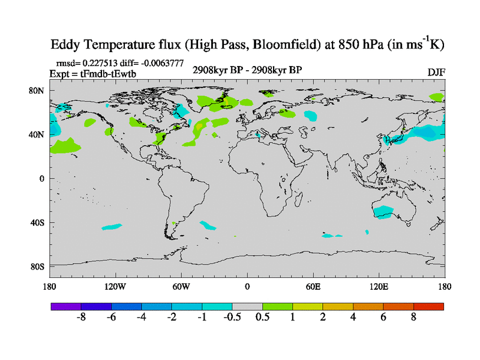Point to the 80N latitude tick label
pyautogui.click(x=37, y=91)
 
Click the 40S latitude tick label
pyautogui.click(x=37, y=223)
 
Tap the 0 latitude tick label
pyautogui.click(x=42, y=179)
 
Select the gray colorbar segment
pyautogui.click(x=247, y=307)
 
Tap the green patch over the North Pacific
pyautogui.click(x=65, y=145)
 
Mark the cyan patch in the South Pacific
pyautogui.click(x=111, y=227)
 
